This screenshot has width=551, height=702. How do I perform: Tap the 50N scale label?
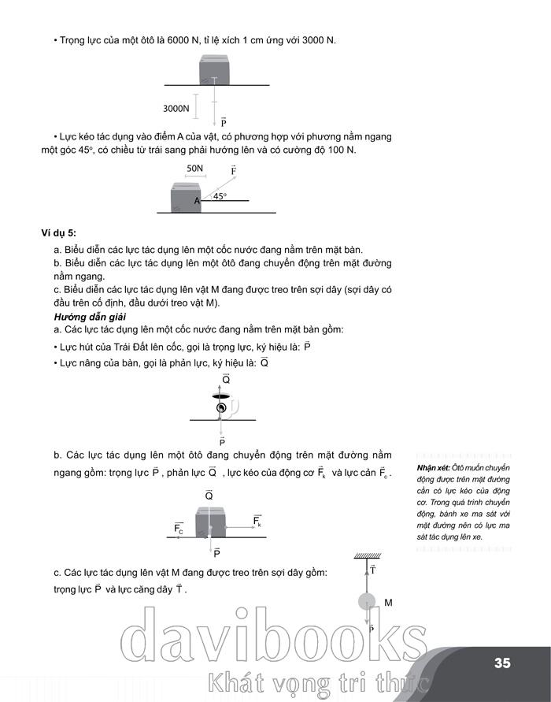[x=195, y=168]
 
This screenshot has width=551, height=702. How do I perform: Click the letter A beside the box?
[x=198, y=201]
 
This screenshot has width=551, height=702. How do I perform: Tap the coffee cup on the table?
[x=224, y=407]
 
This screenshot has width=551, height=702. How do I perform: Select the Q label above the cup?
[x=226, y=380]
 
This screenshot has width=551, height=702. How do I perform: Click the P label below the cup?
[x=223, y=443]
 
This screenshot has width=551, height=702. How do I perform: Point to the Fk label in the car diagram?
[x=257, y=521]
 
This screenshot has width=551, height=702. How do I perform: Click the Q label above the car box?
[x=209, y=496]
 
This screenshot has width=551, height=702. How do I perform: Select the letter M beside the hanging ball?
[x=388, y=603]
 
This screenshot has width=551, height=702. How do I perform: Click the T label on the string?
[x=372, y=569]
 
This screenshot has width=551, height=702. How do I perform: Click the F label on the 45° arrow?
[x=234, y=169]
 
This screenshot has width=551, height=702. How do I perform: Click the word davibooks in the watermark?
[x=268, y=640]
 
